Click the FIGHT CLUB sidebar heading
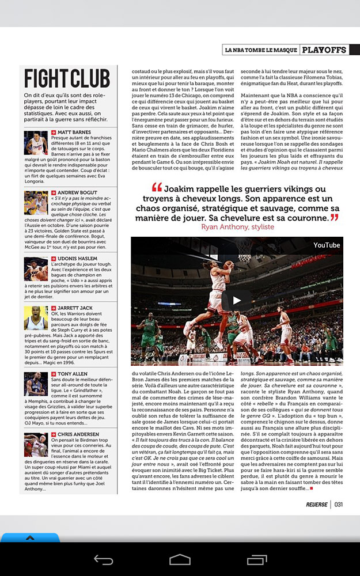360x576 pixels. pos(67,78)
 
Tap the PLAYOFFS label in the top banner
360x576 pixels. pos(325,50)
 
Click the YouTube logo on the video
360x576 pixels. pos(327,245)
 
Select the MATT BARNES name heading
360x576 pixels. pos(74,132)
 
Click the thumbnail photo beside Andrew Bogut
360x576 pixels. pos(36,203)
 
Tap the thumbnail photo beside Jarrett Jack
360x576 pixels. pos(36,318)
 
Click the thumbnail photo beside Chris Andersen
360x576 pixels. pos(36,445)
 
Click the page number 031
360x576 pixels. pos(339,504)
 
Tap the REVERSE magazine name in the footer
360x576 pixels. pos(317,504)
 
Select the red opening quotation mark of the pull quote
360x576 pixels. pos(157,188)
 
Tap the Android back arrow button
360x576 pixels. pos(104,559)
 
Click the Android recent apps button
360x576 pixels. pos(256,559)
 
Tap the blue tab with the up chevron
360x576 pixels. pos(30,537)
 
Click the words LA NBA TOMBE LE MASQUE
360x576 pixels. pos(261,50)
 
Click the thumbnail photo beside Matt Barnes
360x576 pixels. pos(36,143)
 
